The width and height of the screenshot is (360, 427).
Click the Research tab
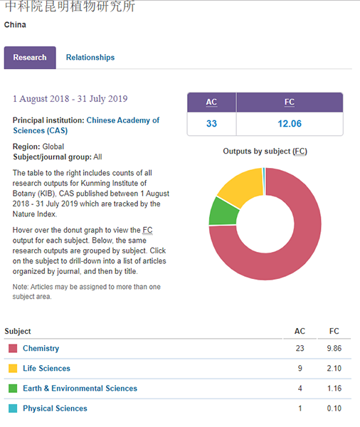tap(30, 58)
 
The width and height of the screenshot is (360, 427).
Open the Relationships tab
tap(90, 58)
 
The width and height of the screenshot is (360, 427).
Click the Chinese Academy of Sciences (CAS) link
tap(86, 125)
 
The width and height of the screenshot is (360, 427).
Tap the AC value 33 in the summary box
tap(211, 124)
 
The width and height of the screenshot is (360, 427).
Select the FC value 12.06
tap(290, 124)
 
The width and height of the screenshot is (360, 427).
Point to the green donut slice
tap(224, 212)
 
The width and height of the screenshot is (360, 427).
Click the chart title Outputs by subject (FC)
tap(265, 152)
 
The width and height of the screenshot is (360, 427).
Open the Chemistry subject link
tap(41, 348)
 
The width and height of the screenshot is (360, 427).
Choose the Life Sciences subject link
tap(46, 369)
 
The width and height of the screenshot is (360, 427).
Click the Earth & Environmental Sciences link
tap(80, 389)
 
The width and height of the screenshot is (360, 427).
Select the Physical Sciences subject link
tap(55, 408)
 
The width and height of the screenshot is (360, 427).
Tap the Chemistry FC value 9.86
tap(334, 348)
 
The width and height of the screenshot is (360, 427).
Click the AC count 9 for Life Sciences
tap(300, 369)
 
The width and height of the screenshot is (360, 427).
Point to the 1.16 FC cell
tap(334, 389)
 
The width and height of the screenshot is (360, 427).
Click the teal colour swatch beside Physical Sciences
tap(13, 408)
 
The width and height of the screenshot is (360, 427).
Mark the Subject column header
tap(18, 331)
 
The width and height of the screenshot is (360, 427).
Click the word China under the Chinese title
tap(15, 25)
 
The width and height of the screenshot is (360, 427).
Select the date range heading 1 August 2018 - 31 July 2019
tap(70, 99)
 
